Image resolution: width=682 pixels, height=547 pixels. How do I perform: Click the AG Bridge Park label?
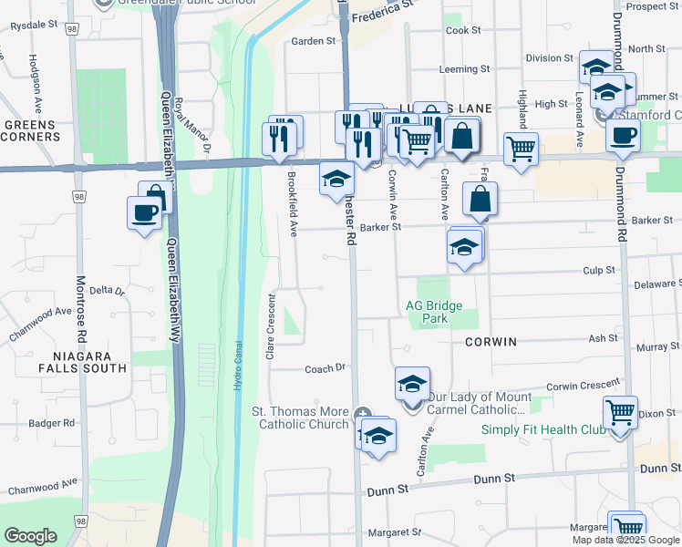point(435,312)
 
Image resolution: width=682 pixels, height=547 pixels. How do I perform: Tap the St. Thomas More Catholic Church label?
point(300,418)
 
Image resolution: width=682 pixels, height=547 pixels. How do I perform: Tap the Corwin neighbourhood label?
point(491,342)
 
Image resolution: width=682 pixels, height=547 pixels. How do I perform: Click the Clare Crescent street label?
point(271,325)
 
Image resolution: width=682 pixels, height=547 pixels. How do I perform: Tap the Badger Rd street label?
point(51,423)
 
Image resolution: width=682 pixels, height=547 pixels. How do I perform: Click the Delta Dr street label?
point(107,290)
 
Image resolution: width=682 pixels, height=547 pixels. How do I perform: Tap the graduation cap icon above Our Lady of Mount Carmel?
point(412,383)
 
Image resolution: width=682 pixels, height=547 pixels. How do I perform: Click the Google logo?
point(30,536)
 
